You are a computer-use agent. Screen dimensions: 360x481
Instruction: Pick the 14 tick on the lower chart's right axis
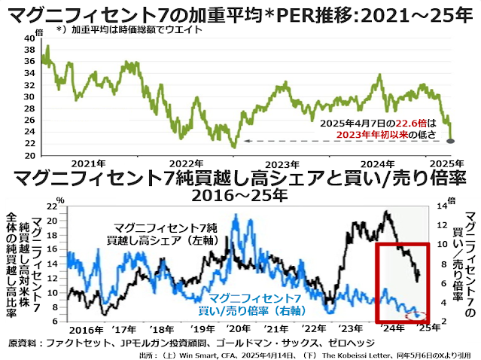(442, 206)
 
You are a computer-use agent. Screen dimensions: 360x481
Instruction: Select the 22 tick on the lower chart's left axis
(52, 206)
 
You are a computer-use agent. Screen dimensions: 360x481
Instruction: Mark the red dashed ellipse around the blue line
(416, 313)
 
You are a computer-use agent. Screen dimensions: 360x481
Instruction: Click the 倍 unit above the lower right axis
(452, 200)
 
